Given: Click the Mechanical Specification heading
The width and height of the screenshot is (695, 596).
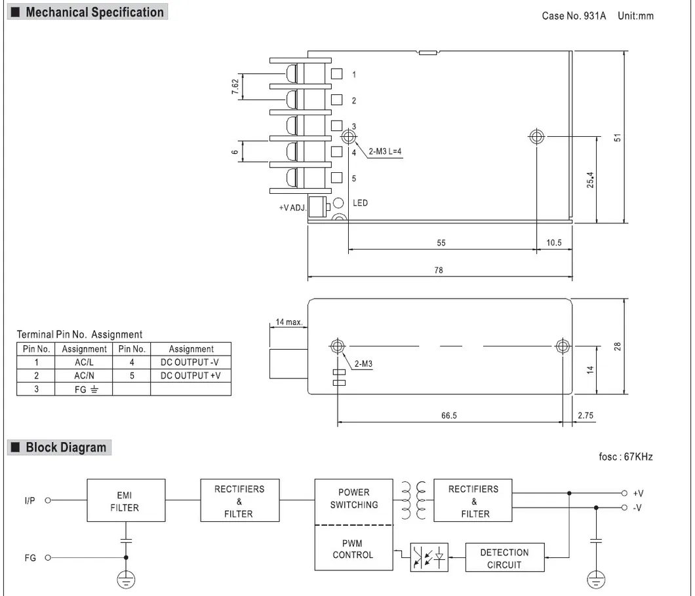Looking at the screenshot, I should [x=94, y=12].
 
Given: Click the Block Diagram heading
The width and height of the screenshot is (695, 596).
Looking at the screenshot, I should [x=66, y=448].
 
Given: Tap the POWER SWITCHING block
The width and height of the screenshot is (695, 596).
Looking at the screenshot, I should [x=354, y=498].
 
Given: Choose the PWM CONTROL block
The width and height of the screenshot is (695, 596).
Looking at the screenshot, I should [x=354, y=549].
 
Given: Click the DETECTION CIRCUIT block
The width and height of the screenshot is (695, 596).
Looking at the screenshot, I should [x=504, y=558].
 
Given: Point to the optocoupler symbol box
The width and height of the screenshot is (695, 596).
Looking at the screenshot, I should [x=429, y=557].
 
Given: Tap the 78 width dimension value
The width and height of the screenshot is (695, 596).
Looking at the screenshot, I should [x=439, y=270].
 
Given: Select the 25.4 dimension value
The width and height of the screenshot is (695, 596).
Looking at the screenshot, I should [x=589, y=180].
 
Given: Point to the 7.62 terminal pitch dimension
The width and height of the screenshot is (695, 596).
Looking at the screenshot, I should [x=235, y=87].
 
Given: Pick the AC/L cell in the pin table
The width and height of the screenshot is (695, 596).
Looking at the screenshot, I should [x=84, y=362].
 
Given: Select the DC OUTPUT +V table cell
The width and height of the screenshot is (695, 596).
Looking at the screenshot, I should [x=191, y=375].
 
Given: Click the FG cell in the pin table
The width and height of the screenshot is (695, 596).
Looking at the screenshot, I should [x=84, y=389].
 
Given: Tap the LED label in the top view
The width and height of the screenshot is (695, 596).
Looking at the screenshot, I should [x=361, y=203].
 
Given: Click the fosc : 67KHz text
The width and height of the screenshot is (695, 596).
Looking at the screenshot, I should [x=625, y=456].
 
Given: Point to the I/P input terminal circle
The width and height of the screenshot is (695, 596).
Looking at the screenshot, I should [x=48, y=501].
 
